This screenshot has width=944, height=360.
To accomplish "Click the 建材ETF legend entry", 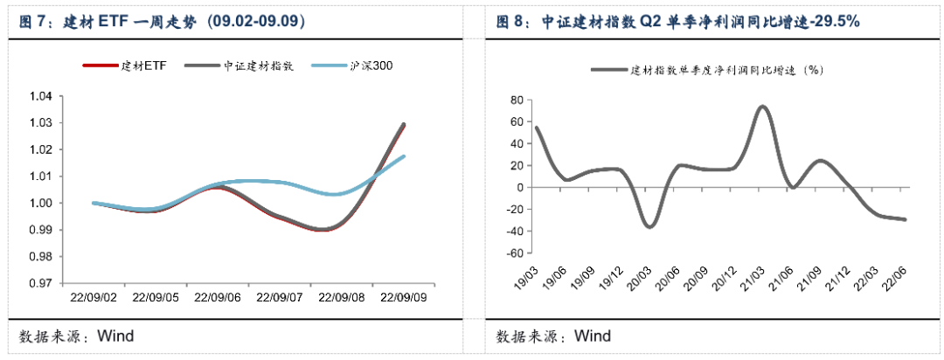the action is coord(123,66).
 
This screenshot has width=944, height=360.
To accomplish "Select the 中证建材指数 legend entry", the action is coord(239,66).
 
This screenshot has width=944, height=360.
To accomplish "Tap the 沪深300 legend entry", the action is coord(352,66).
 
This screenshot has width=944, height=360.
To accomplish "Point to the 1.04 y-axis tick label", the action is coord(42,96).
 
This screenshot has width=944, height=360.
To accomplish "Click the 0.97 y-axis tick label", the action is coord(42,283).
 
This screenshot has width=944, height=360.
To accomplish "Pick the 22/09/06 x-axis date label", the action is coord(219,297).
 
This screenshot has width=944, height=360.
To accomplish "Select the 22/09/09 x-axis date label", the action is coord(405,297).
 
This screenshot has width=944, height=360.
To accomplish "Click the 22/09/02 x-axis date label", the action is coord(94,297).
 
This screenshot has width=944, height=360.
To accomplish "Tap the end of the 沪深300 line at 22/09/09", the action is coord(404,156).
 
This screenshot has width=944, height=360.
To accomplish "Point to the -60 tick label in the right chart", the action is coord(516,253).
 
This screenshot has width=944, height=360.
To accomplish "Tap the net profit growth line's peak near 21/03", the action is coord(763,107).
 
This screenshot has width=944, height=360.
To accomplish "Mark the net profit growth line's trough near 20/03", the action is coord(649,226).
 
